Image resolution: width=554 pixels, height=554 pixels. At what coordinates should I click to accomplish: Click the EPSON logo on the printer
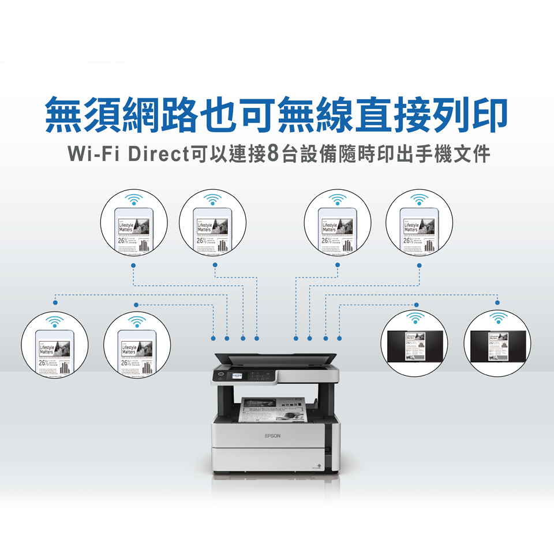(x=272, y=436)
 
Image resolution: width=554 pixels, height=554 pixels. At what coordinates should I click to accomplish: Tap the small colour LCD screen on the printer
(x=237, y=376)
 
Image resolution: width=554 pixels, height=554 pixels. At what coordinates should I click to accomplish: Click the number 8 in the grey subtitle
(x=274, y=155)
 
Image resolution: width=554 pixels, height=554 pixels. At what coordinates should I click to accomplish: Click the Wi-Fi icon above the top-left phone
(x=134, y=200)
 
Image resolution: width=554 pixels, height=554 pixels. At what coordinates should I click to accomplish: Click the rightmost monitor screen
(x=497, y=346)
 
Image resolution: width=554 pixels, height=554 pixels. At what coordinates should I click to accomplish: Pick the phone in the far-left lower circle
(x=55, y=352)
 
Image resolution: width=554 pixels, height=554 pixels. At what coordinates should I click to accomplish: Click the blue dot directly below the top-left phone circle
(x=133, y=265)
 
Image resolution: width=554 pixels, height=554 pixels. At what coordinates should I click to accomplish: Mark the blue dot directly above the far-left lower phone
(x=55, y=302)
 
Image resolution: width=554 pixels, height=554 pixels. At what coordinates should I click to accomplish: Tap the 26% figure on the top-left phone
(x=123, y=241)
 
